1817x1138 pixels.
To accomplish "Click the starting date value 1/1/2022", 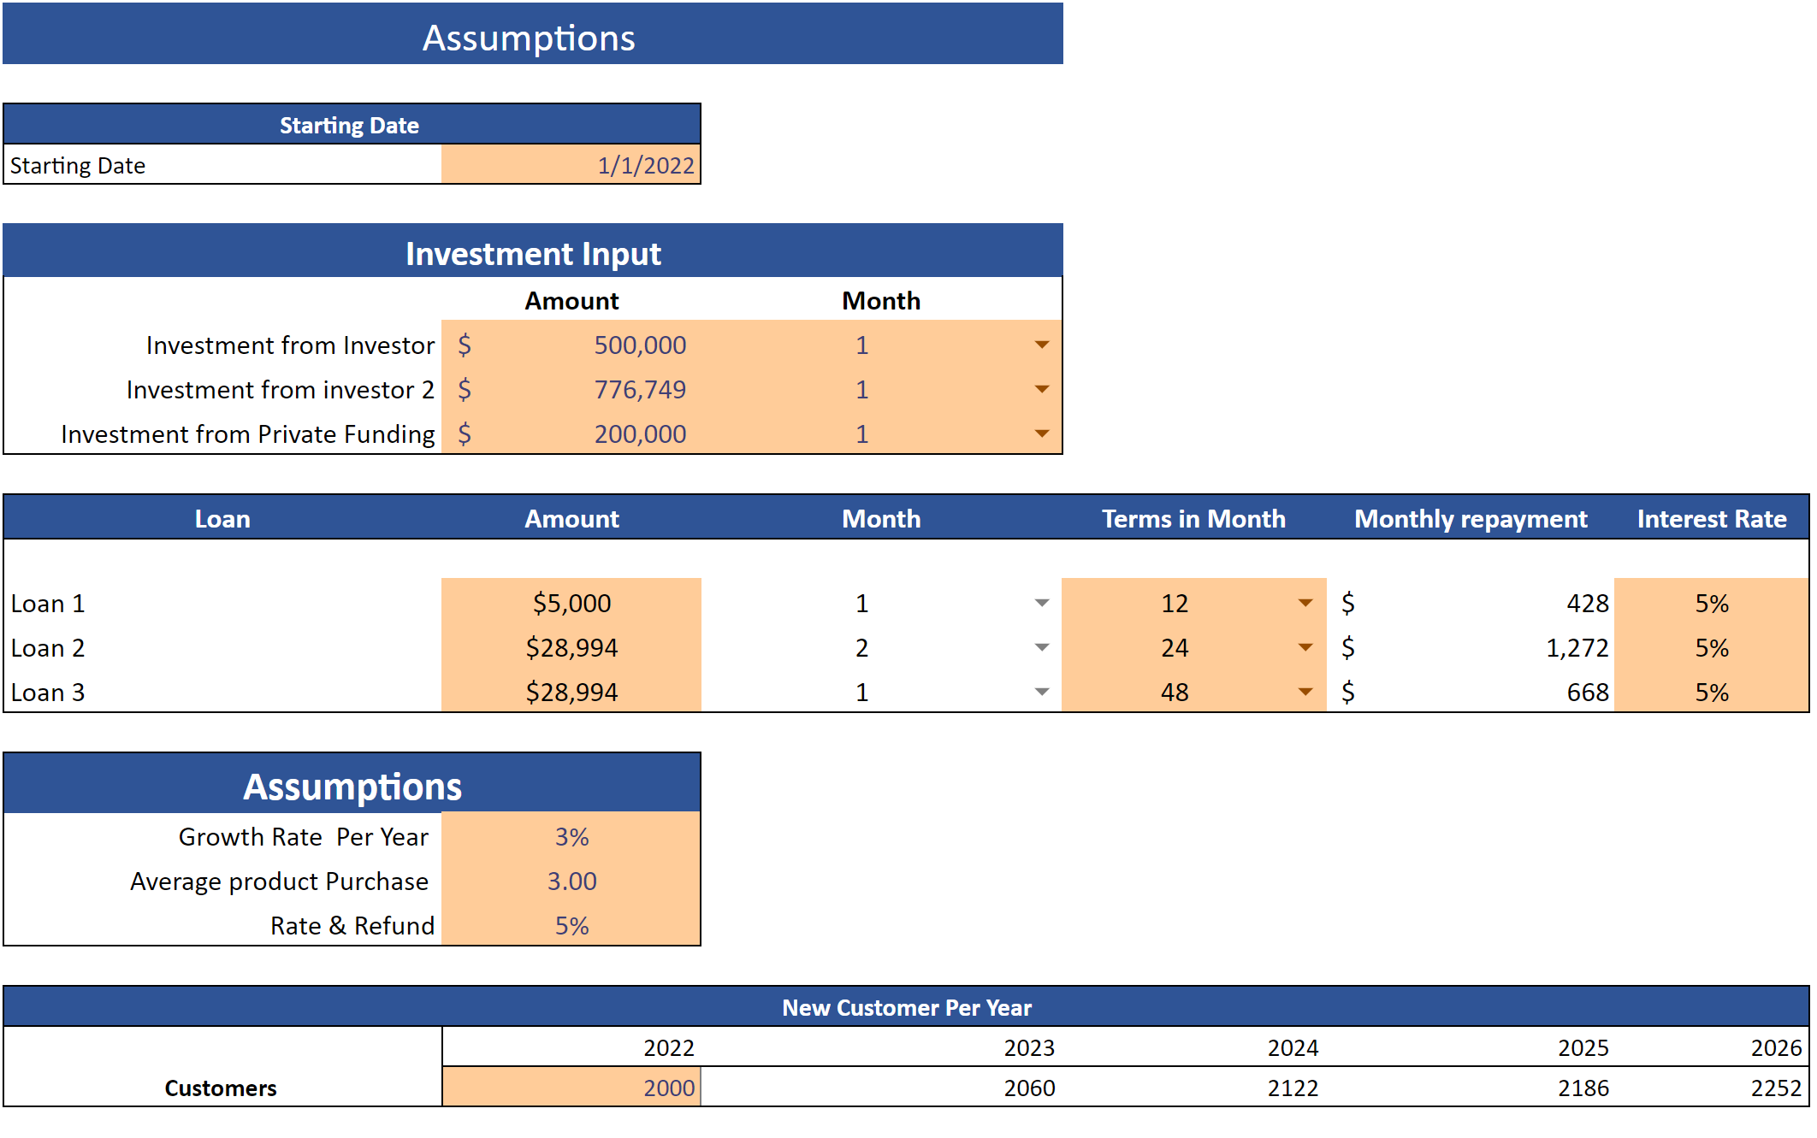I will point(645,165).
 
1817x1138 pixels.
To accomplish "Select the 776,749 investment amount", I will point(640,390).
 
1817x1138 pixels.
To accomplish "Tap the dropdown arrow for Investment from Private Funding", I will point(1041,433).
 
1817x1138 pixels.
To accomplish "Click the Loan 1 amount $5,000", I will point(571,604).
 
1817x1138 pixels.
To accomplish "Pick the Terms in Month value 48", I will point(1174,693).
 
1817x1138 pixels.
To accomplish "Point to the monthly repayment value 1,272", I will point(1577,648).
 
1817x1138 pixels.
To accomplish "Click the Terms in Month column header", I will point(1193,519).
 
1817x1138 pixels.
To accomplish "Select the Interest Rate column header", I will point(1711,519).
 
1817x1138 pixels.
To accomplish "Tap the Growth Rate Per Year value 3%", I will point(571,837).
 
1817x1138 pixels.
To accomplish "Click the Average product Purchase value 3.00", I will point(571,882).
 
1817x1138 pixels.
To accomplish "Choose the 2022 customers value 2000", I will point(668,1088).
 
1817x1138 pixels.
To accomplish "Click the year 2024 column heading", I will point(1292,1048).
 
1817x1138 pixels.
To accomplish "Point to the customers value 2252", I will point(1775,1088).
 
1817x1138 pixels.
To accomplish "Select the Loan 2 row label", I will point(48,648).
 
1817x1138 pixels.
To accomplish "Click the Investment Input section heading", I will point(533,254).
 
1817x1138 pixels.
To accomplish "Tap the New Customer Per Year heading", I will point(907,1008).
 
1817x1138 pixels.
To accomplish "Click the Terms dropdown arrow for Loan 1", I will point(1305,603).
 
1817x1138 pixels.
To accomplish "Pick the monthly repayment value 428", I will point(1587,604).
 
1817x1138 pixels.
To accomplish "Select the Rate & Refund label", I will point(352,926).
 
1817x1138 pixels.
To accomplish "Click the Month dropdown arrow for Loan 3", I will point(1041,692).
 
